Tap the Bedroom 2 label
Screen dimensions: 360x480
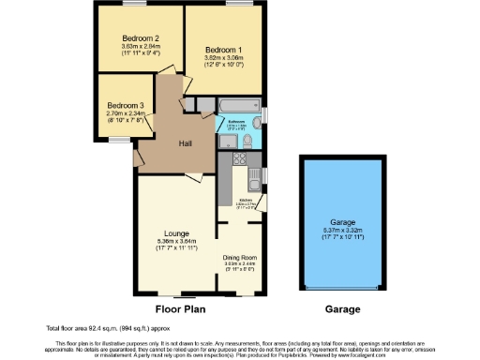(x=139, y=37)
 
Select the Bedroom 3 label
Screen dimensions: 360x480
(x=125, y=105)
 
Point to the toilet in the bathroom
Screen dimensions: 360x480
(x=247, y=142)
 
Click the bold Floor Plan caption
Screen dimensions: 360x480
(x=181, y=307)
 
